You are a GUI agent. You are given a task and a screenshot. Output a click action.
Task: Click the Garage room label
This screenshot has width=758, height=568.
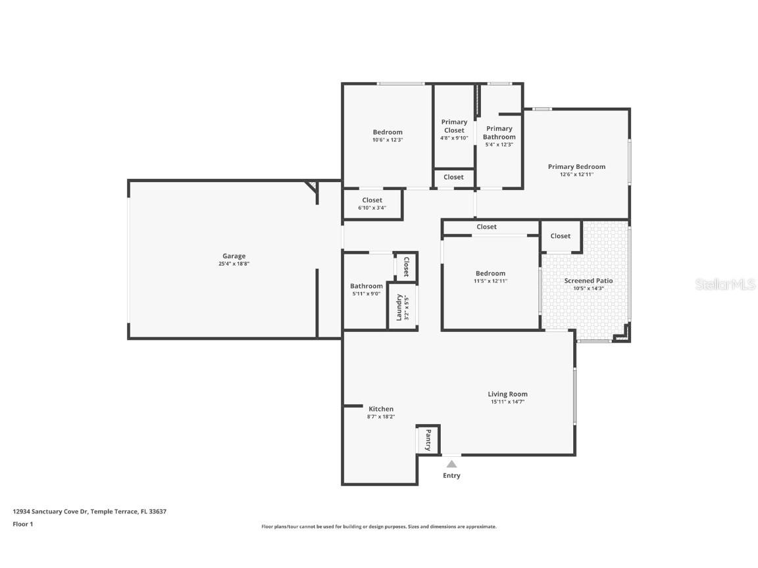click(234, 256)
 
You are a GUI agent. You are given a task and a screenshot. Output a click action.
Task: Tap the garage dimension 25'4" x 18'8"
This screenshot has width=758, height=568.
click(234, 264)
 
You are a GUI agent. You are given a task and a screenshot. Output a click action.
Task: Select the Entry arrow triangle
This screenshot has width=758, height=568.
click(451, 463)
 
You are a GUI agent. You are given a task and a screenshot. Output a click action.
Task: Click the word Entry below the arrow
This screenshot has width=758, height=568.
click(451, 475)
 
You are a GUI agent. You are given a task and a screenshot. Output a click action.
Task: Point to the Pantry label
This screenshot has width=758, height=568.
click(428, 439)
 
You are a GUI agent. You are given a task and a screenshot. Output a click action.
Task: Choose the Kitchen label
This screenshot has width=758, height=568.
click(380, 409)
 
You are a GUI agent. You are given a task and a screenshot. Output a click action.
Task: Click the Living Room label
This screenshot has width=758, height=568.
click(507, 394)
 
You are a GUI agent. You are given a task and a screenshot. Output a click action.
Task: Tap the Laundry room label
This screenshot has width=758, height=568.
click(399, 307)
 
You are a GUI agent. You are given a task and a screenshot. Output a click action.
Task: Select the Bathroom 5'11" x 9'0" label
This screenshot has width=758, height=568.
click(366, 286)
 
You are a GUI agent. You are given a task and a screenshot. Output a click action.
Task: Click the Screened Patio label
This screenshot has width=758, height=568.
click(588, 281)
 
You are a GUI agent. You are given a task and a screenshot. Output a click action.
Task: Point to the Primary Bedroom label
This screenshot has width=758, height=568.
click(576, 166)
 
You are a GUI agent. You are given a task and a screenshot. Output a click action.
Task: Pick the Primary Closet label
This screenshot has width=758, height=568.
click(454, 126)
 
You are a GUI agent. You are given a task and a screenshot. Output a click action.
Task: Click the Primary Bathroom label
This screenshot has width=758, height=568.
click(499, 133)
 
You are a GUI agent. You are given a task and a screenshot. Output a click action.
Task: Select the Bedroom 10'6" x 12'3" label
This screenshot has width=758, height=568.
click(387, 132)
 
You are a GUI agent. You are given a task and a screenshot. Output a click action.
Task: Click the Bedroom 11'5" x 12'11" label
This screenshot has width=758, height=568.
click(490, 273)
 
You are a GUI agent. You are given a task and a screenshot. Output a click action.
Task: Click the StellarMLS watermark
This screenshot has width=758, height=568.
click(726, 284)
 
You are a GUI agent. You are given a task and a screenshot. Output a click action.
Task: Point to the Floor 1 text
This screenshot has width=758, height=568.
click(22, 524)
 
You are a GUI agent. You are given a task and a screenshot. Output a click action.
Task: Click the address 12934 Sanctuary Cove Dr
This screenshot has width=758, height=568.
click(50, 511)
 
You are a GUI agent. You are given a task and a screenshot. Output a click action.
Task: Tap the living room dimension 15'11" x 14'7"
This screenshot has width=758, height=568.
click(507, 402)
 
